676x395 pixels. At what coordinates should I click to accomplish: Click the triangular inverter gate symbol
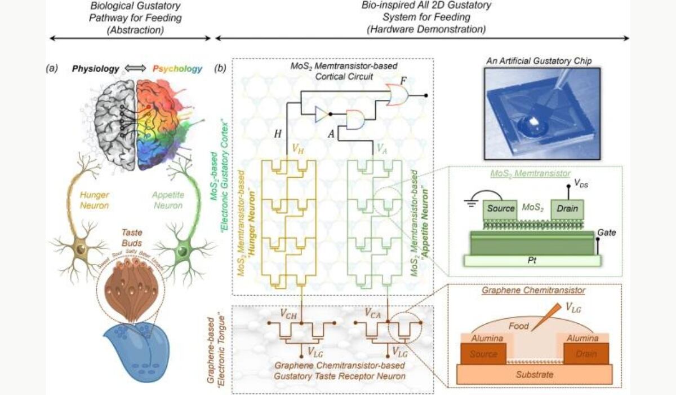click(320, 115)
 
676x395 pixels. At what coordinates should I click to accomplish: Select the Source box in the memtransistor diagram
click(501, 208)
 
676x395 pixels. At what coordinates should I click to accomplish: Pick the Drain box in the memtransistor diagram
click(568, 208)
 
